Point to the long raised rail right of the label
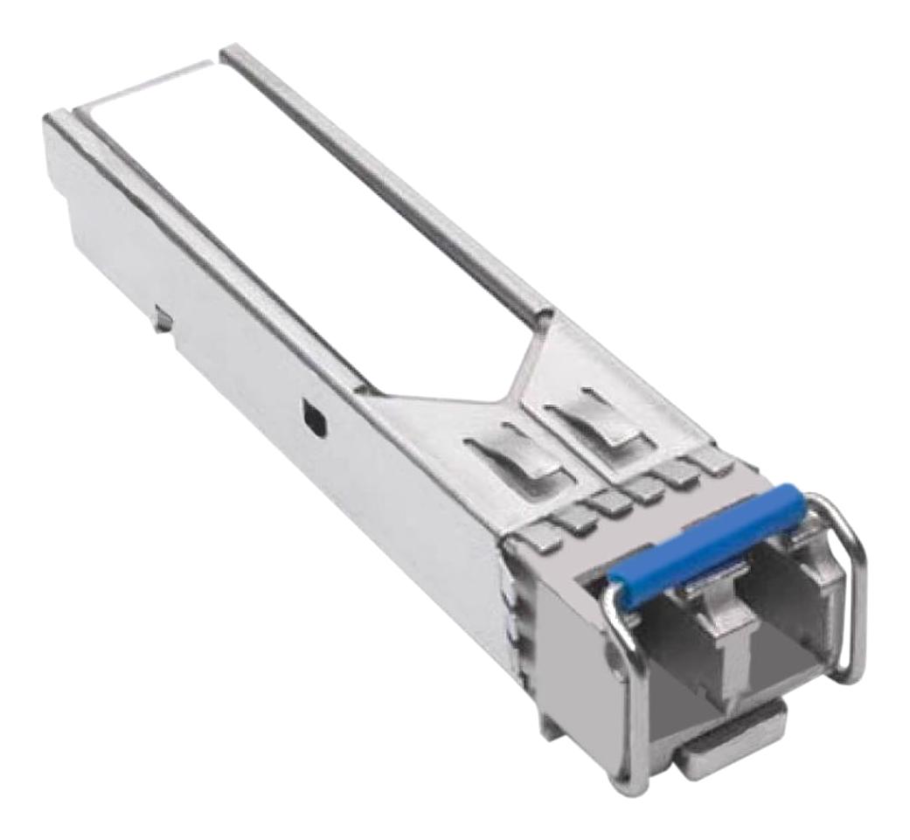(x=385, y=175)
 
